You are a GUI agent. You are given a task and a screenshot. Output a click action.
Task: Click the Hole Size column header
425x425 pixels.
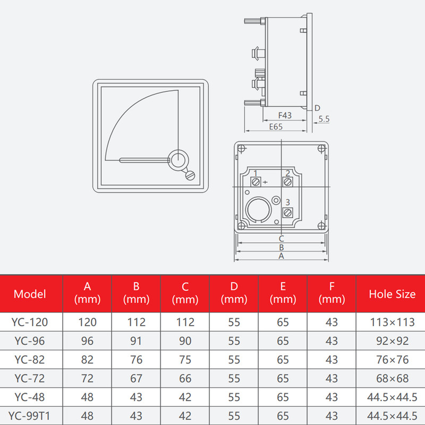[x=392, y=294]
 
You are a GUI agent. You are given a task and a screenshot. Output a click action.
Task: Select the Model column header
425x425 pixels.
[x=30, y=294]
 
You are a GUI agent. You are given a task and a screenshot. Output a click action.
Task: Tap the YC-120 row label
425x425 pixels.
[x=30, y=322]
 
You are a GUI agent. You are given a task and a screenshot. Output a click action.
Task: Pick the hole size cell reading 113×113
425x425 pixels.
[x=392, y=322]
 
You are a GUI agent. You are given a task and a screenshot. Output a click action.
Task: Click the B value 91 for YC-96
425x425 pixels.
[x=136, y=341]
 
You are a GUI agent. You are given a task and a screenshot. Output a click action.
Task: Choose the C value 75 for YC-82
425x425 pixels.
[x=185, y=360]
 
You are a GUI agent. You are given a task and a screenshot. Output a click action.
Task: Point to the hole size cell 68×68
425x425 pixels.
[x=392, y=378]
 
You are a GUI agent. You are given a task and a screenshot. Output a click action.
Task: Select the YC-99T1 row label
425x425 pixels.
[x=29, y=416]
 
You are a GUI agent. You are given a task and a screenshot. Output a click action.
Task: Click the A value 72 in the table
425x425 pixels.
[x=87, y=378]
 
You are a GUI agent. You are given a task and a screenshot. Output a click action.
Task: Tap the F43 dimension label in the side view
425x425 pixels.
[x=285, y=115]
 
